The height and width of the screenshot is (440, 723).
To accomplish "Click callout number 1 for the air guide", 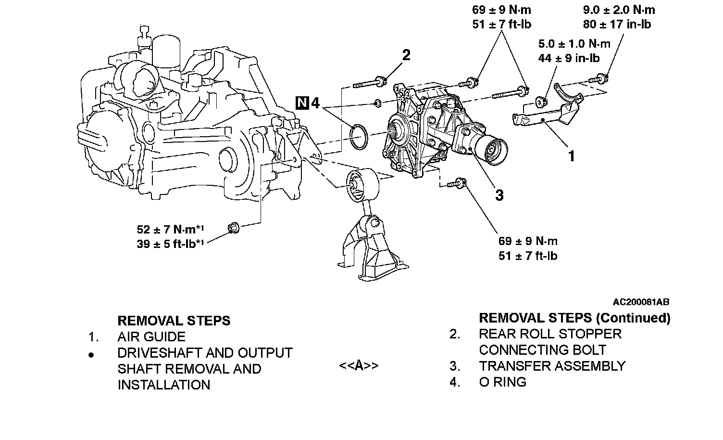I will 572,156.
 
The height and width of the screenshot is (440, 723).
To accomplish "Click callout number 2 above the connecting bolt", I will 406,55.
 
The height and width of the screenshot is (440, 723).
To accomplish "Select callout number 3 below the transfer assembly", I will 499,195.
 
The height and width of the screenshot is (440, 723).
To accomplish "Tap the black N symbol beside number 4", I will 302,103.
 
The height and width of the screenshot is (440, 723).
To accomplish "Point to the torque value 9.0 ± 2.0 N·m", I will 619,10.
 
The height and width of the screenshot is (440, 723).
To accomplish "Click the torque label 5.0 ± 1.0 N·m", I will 574,44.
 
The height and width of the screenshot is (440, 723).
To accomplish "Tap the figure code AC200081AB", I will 641,302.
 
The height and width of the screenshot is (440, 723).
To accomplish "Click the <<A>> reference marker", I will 359,366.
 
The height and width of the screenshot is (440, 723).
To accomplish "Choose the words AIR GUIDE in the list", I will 151,337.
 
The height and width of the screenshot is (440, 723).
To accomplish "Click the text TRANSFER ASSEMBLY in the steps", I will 552,366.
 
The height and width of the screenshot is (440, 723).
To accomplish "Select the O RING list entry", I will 502,382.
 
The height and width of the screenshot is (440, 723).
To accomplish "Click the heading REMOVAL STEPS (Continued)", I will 574,318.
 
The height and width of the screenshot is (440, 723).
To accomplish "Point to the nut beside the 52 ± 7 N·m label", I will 233,227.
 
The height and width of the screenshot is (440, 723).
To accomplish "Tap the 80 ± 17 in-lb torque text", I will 617,24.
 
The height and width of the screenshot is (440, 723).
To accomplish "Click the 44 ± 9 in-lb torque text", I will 569,59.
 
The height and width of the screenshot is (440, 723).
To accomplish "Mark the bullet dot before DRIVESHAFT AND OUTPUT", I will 91,355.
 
